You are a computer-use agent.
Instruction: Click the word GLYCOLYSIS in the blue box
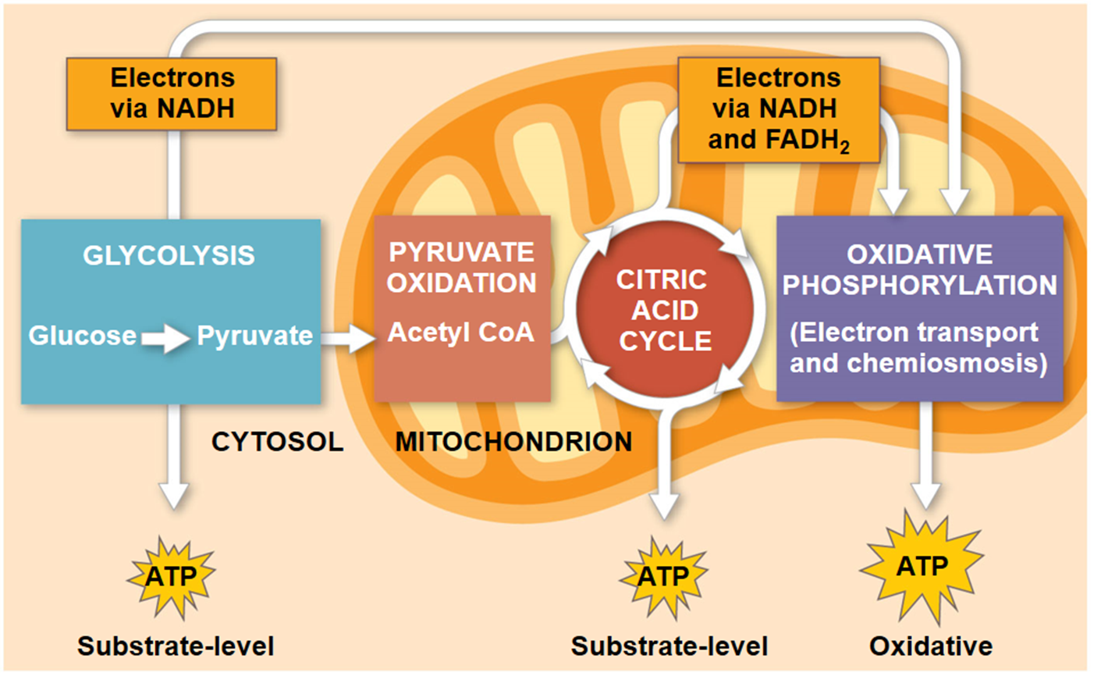click(169, 256)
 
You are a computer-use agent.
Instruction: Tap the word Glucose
click(82, 336)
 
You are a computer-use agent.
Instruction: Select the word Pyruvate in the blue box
click(254, 336)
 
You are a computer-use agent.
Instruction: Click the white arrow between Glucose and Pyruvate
click(165, 338)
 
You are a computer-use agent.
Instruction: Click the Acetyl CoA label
click(461, 333)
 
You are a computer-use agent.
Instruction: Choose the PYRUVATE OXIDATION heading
click(461, 268)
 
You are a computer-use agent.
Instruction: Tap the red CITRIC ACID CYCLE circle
click(665, 310)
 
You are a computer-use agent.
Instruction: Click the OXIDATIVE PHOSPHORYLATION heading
click(920, 269)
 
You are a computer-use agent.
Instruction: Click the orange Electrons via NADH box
click(172, 93)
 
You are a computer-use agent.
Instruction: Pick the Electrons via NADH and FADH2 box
click(778, 109)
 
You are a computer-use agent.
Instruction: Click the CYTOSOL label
click(277, 442)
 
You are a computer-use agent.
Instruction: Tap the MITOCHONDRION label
click(513, 442)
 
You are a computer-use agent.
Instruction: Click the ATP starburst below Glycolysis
click(171, 578)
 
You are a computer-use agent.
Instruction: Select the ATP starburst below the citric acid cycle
click(663, 578)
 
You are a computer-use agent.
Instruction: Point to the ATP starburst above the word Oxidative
click(922, 566)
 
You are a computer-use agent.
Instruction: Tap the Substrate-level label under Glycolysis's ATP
click(176, 646)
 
